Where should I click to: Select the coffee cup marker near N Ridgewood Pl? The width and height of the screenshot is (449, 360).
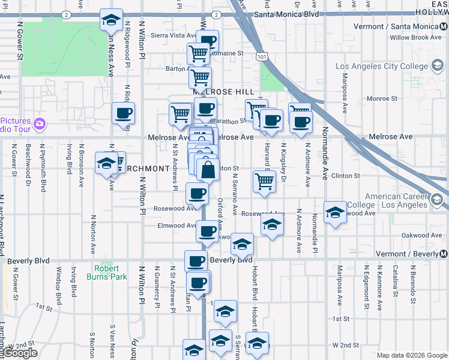point(123,113)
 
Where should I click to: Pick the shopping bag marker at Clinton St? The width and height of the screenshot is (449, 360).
point(208,170)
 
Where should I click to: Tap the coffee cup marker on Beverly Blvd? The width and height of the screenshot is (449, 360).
point(196,262)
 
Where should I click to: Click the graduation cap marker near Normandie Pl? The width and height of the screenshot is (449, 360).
point(335,212)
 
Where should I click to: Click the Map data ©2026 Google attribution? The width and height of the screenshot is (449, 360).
point(412,355)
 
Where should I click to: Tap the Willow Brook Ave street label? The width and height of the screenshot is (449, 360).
point(415,37)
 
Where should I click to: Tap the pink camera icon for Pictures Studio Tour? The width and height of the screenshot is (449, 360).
point(40,124)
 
